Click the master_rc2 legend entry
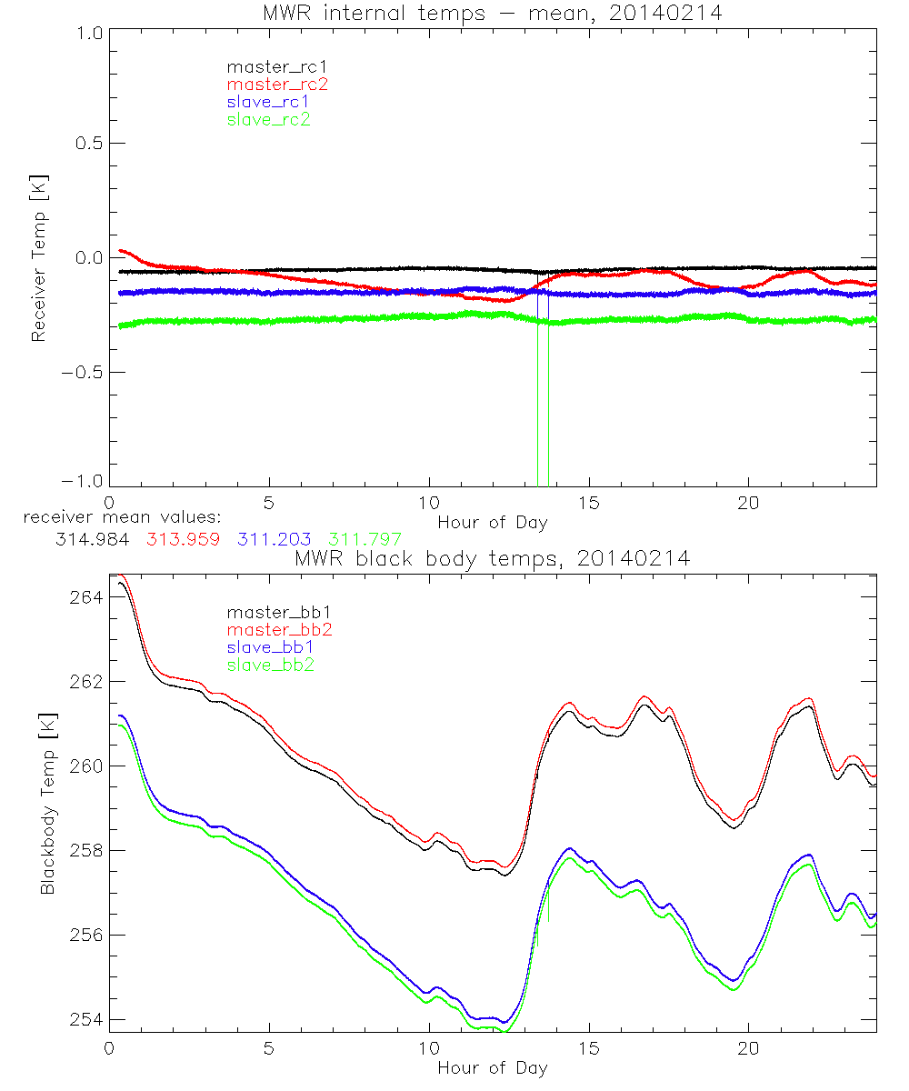pos(277,84)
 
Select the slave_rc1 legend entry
pos(268,101)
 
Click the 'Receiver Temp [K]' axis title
pos(39,257)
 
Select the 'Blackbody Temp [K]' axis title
pos(46,797)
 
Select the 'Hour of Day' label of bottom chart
pos(493,1067)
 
